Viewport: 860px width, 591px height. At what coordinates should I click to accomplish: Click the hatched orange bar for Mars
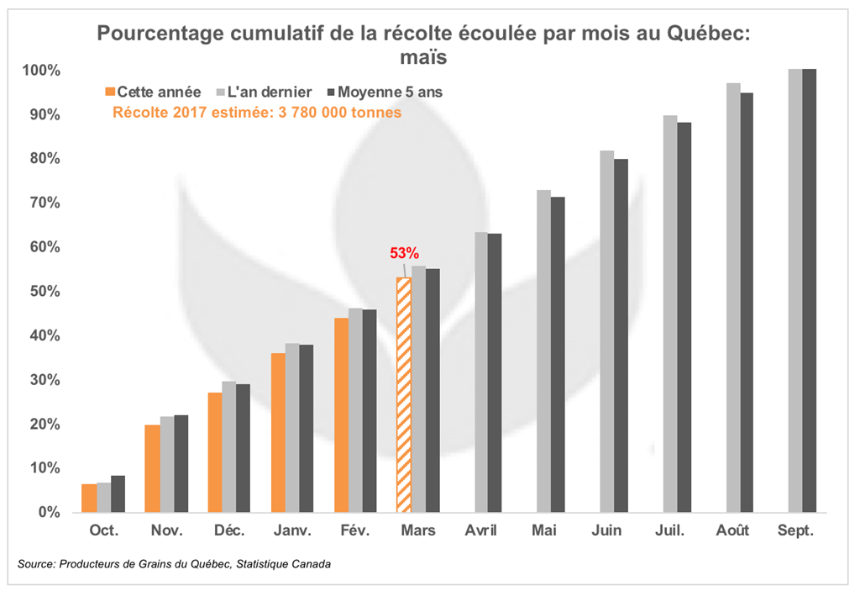[404, 394]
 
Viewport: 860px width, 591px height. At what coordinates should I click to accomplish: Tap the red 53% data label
[404, 252]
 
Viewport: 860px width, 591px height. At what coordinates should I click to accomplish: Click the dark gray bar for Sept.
[810, 290]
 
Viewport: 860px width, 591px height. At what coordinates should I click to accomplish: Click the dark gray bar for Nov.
[181, 463]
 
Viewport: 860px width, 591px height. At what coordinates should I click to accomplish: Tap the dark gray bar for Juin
[621, 335]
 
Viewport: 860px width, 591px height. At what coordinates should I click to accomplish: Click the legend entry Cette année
[153, 92]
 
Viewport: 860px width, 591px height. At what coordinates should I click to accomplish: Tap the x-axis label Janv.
[292, 531]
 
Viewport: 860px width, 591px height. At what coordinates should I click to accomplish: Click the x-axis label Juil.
[669, 531]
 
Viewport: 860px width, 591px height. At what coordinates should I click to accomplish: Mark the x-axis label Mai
[543, 531]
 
